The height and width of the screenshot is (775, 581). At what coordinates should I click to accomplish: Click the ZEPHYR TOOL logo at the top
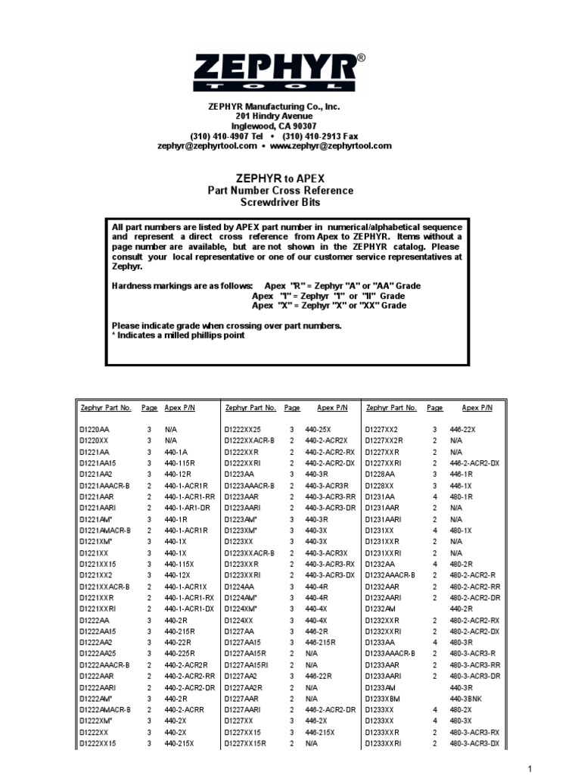(290, 73)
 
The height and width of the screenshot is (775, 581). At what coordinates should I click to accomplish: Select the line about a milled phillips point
(179, 335)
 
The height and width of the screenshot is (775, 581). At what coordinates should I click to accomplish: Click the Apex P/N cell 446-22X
(463, 429)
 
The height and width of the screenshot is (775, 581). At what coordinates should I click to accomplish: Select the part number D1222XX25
(242, 429)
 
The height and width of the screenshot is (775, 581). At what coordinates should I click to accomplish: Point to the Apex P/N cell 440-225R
(181, 652)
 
